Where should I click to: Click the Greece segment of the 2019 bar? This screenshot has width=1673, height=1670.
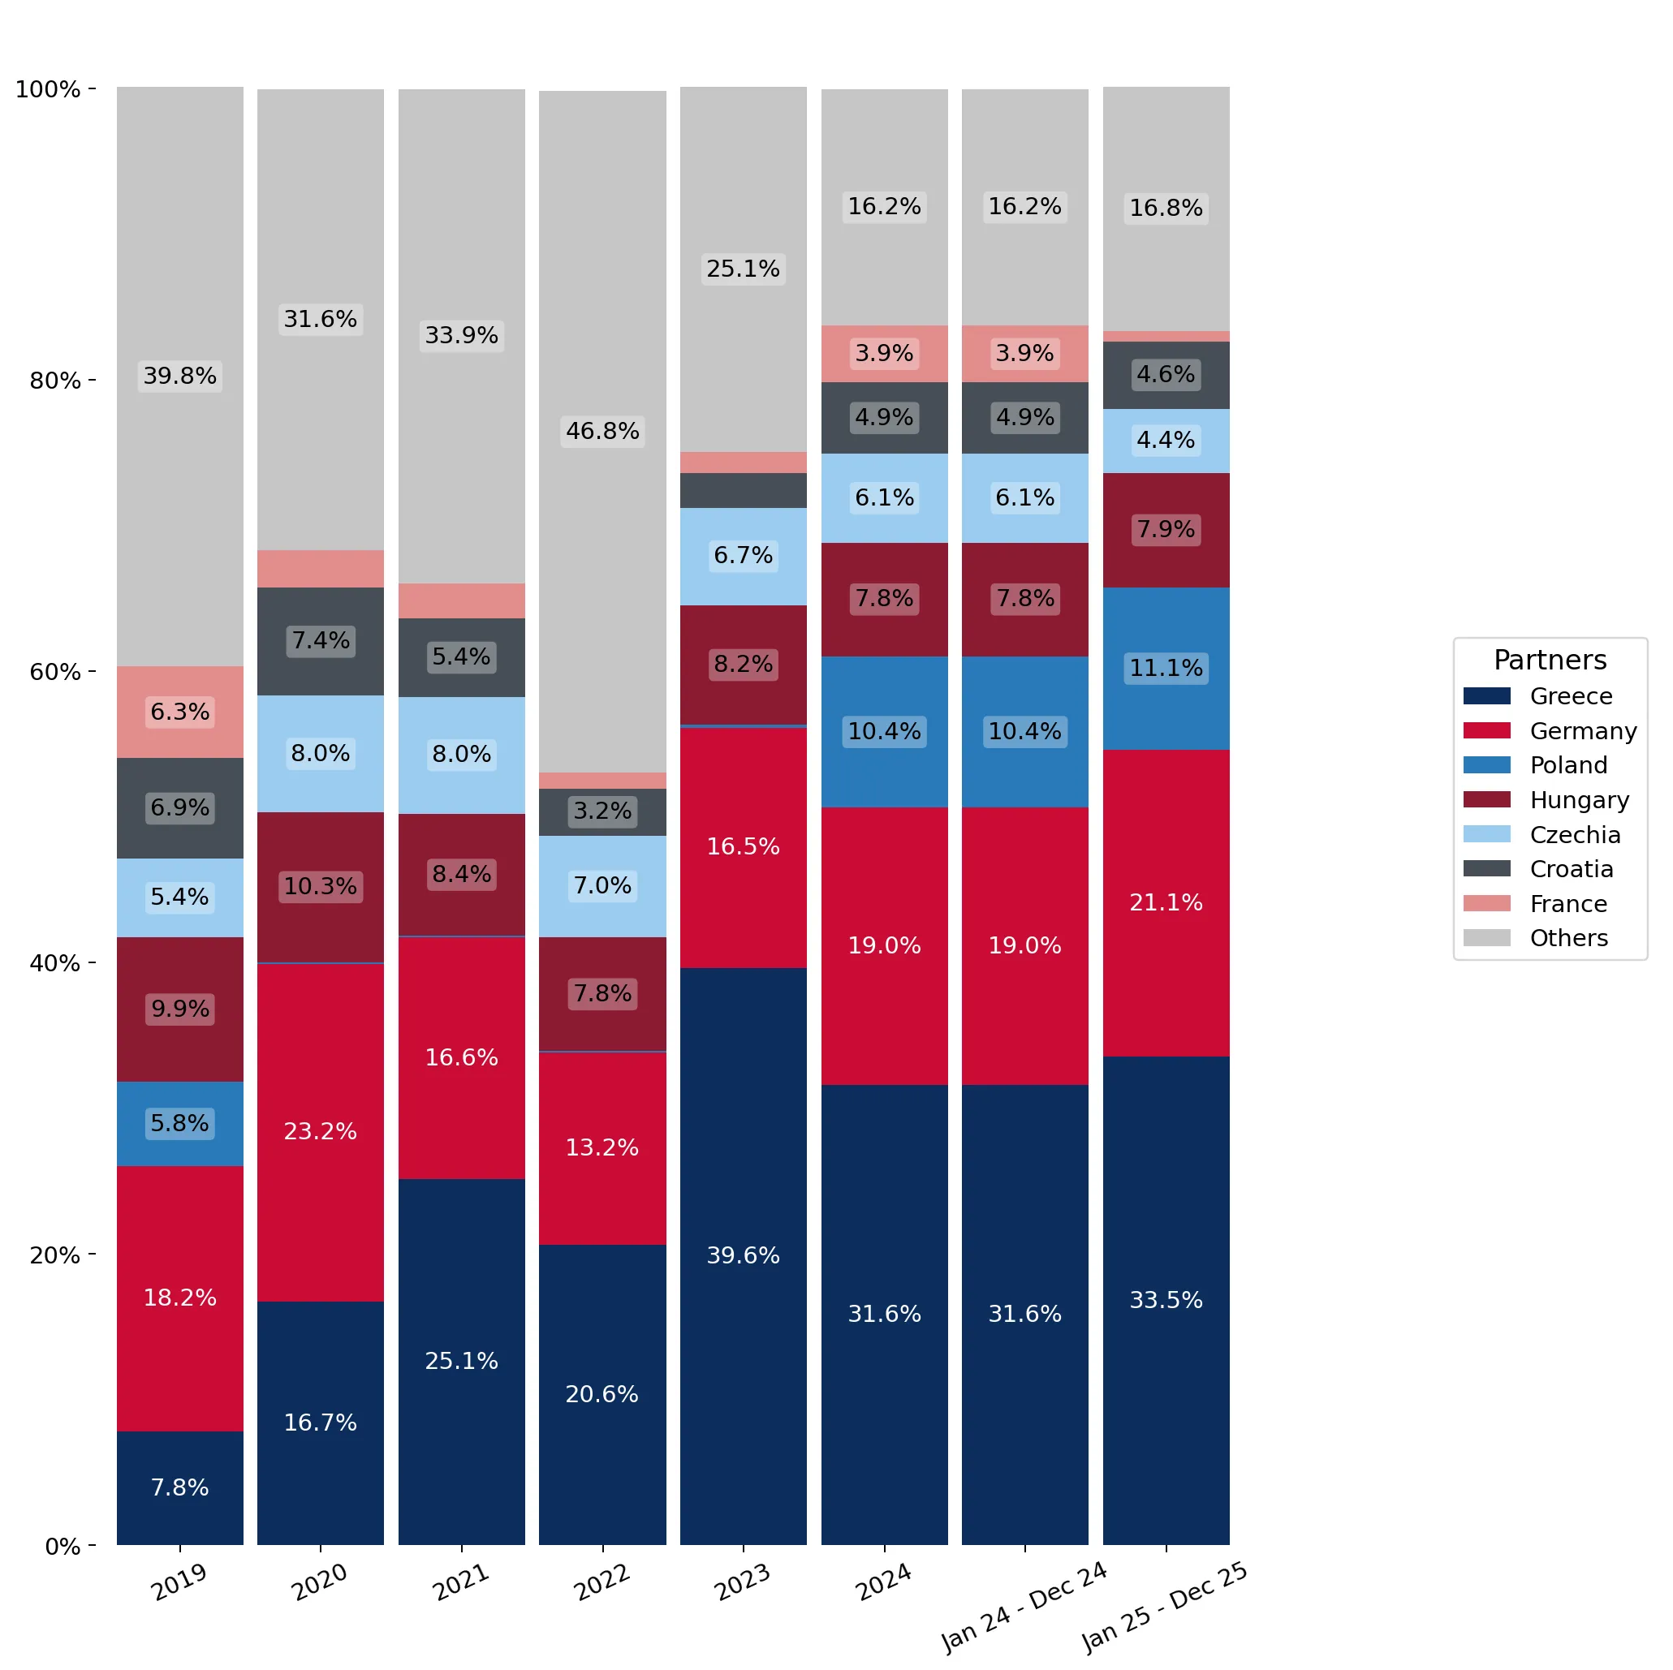click(x=180, y=1487)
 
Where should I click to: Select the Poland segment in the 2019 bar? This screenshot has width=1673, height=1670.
click(x=180, y=1124)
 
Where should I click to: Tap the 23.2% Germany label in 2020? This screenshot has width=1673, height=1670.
click(x=321, y=1130)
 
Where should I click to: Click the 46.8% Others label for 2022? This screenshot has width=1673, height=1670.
click(x=602, y=430)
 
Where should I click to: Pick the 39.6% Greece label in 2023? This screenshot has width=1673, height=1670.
click(x=743, y=1255)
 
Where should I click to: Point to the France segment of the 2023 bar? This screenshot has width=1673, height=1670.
click(x=743, y=463)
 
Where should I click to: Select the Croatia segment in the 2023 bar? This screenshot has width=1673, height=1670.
click(x=743, y=491)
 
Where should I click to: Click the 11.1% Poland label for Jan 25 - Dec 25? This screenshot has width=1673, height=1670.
click(x=1166, y=668)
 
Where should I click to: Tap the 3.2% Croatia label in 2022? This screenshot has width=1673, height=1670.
click(x=602, y=811)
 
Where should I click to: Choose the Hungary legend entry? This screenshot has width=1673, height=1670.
click(x=1546, y=800)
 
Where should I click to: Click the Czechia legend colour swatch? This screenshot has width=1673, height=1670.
click(x=1487, y=833)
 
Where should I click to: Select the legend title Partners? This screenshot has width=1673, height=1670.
click(x=1550, y=660)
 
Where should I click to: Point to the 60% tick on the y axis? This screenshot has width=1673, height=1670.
click(x=92, y=671)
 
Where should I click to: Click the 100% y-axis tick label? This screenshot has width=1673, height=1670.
click(x=49, y=89)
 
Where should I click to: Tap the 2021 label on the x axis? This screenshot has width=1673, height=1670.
click(x=462, y=1582)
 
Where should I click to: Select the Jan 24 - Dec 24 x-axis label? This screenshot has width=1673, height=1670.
click(x=1024, y=1607)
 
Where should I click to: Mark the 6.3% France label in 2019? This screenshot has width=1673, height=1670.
click(x=180, y=712)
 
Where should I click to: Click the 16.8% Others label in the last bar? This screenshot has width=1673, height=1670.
click(x=1166, y=208)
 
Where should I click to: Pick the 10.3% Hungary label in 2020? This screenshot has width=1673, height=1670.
click(x=321, y=885)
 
